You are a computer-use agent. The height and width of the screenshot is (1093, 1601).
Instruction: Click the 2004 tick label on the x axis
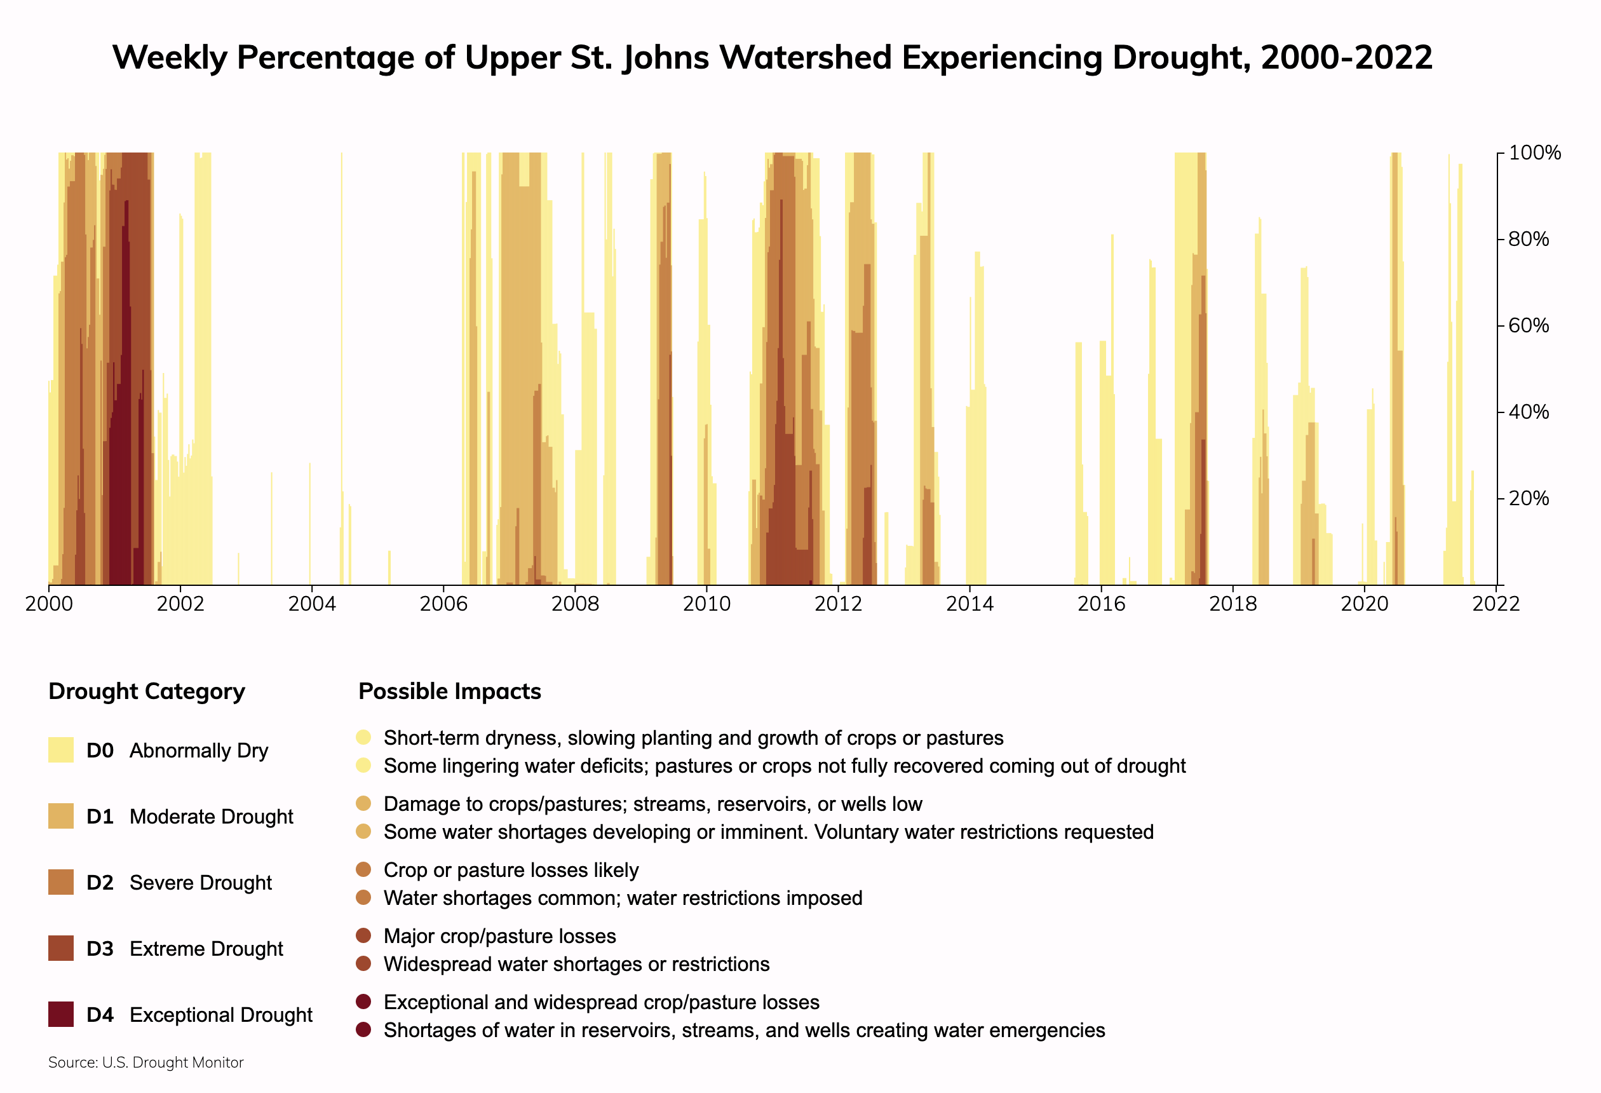click(x=311, y=604)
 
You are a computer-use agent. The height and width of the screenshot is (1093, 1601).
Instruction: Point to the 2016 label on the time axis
click(x=1101, y=604)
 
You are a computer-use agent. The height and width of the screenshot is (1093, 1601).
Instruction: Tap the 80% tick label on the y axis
click(x=1529, y=239)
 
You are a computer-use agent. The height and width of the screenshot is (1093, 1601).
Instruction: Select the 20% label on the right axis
click(x=1529, y=498)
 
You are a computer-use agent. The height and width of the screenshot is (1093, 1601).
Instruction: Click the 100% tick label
click(x=1534, y=153)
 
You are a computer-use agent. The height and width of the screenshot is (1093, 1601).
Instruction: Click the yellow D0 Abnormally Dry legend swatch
click(x=60, y=750)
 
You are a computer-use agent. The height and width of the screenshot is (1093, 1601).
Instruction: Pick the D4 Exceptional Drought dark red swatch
click(x=60, y=1014)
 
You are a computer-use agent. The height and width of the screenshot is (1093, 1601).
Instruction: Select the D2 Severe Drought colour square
click(x=60, y=882)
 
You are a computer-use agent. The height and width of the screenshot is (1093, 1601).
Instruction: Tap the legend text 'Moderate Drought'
click(x=211, y=817)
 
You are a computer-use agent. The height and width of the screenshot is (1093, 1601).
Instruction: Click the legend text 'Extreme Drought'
click(x=206, y=949)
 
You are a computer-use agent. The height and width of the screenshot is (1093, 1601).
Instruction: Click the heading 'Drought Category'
click(x=147, y=691)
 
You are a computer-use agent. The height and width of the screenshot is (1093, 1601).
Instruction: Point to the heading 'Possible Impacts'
click(x=450, y=691)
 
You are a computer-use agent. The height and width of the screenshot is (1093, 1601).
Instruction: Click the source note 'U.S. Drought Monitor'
click(x=173, y=1062)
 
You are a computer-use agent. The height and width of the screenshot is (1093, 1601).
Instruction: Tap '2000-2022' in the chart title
click(x=1346, y=57)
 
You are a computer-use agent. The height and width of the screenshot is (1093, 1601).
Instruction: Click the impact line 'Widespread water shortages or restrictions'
click(x=577, y=964)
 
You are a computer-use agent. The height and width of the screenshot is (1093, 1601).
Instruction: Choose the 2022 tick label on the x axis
click(x=1496, y=604)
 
